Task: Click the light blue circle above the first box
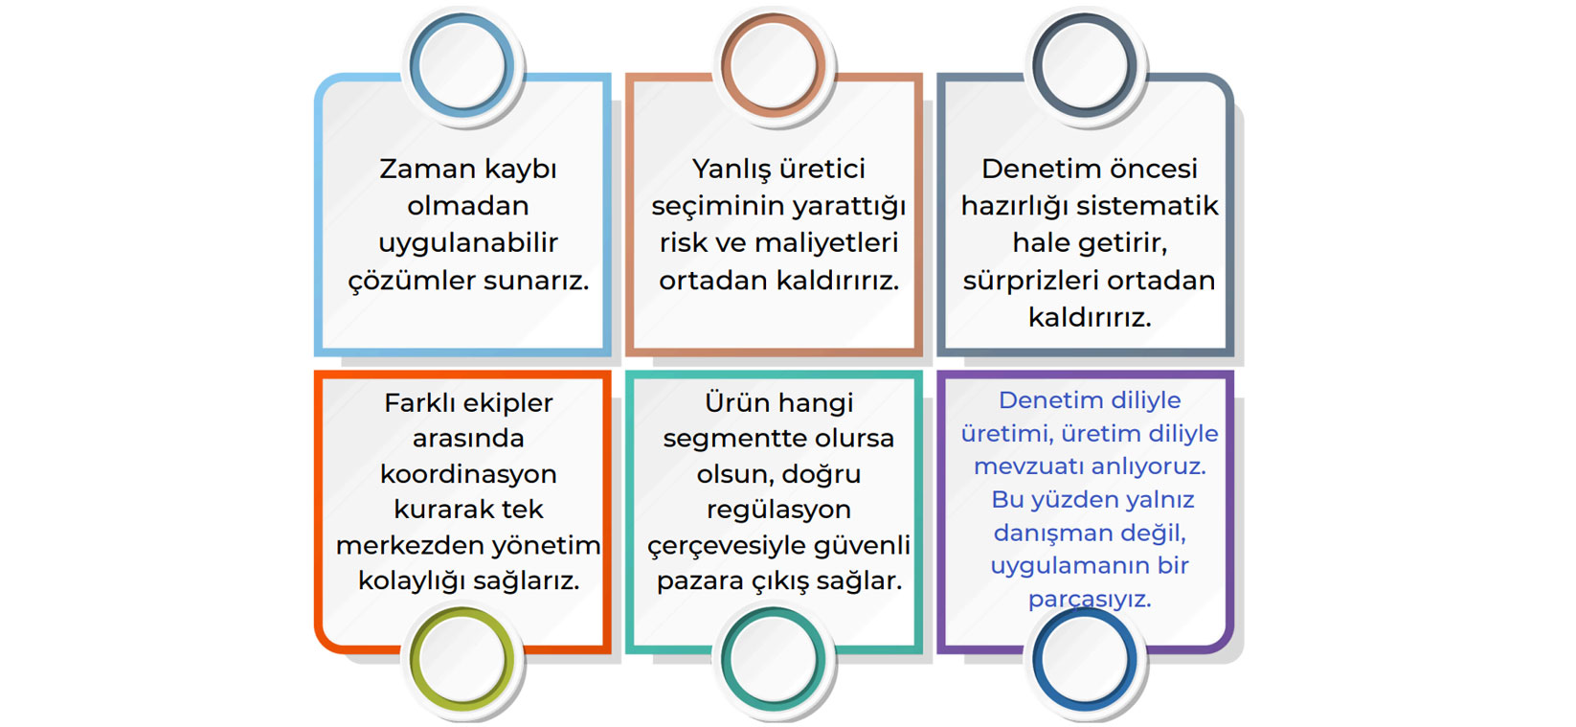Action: point(414,65)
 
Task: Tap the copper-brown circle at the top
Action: point(726,65)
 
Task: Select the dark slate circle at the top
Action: point(1037,65)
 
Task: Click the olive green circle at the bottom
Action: point(414,659)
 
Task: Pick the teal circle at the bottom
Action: point(726,659)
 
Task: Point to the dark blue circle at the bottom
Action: point(1037,659)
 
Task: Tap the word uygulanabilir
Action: point(468,243)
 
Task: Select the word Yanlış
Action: point(726,170)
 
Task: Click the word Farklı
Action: point(419,402)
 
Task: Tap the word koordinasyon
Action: point(468,474)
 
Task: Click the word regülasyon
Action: point(778,510)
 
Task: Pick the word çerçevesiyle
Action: point(726,546)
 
